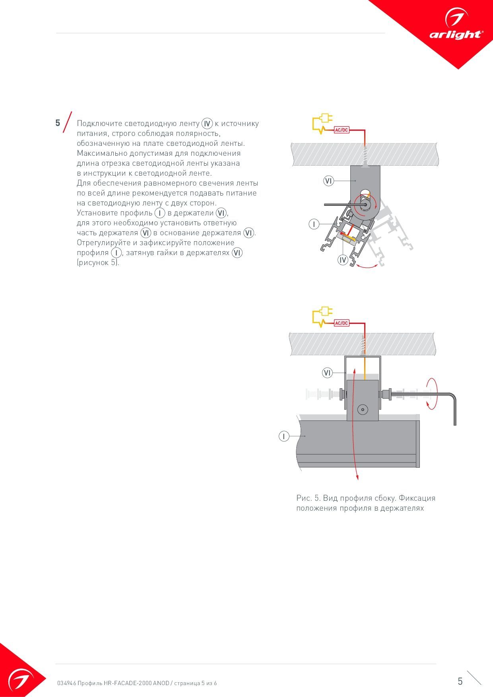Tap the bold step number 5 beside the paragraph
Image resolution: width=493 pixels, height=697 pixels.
click(58, 123)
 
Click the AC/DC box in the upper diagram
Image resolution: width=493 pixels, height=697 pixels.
click(342, 130)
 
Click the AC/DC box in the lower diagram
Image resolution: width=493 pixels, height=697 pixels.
click(342, 323)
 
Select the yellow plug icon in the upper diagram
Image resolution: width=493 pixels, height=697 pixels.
click(322, 123)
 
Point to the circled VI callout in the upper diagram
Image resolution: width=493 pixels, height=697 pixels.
click(328, 181)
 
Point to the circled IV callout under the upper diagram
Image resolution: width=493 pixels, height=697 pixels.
click(343, 260)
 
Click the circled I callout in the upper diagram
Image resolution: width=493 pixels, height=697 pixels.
click(314, 225)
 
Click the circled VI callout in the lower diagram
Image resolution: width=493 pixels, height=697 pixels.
click(327, 373)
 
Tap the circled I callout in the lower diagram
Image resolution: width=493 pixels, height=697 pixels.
click(284, 436)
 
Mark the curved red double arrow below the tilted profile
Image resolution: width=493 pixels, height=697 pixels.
click(367, 266)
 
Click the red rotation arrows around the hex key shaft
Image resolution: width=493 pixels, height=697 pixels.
click(431, 393)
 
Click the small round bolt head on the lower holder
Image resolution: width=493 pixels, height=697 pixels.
click(362, 409)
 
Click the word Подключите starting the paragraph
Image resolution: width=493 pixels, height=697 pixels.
click(98, 124)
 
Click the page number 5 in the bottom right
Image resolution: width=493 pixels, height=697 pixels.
click(460, 682)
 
